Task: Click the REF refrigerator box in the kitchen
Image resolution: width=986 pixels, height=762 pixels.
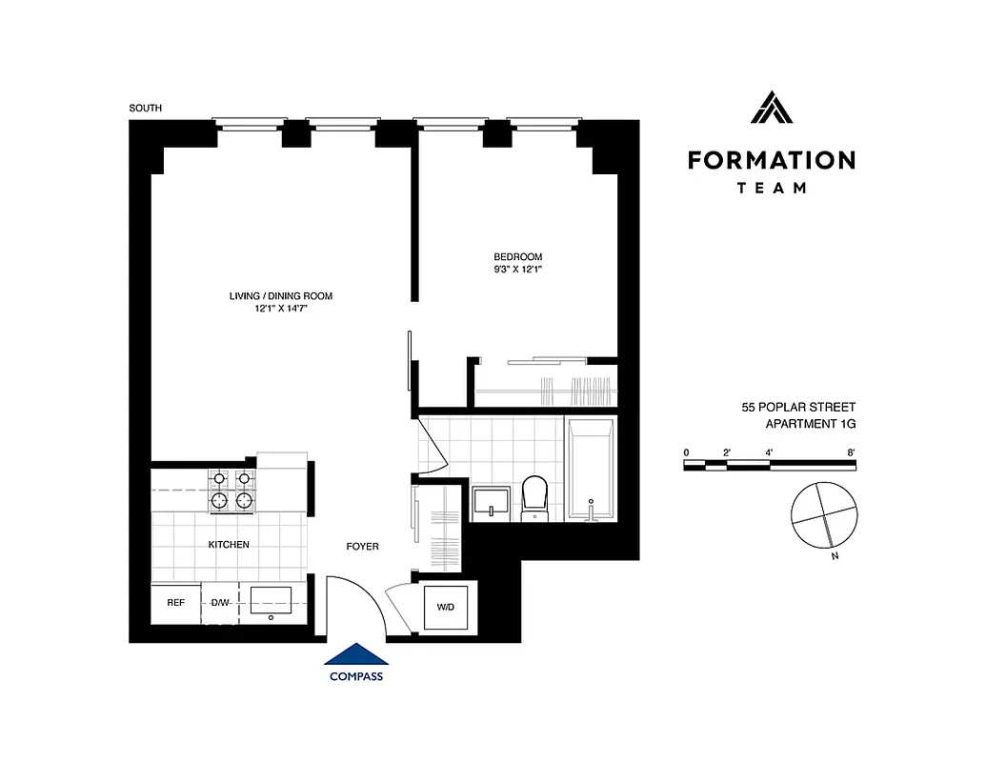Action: [175, 603]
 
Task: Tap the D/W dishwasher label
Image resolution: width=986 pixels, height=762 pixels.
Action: [220, 603]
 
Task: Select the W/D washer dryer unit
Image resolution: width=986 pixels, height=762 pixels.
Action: [445, 607]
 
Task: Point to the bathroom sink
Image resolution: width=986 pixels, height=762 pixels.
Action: [493, 502]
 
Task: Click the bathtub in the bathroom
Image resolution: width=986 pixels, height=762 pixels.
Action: [592, 472]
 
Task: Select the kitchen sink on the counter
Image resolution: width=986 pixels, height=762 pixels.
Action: [272, 601]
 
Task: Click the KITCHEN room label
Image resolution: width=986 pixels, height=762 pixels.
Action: [229, 545]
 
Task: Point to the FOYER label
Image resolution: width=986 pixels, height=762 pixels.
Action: [362, 547]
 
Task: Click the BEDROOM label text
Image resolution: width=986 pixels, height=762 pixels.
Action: [517, 257]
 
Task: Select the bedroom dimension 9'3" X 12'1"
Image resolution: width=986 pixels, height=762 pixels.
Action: [517, 270]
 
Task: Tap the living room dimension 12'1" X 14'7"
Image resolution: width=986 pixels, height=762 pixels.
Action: [280, 309]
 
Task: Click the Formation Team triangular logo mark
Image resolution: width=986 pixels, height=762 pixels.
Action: [772, 107]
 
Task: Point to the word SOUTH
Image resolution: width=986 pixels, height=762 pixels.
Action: [146, 109]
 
